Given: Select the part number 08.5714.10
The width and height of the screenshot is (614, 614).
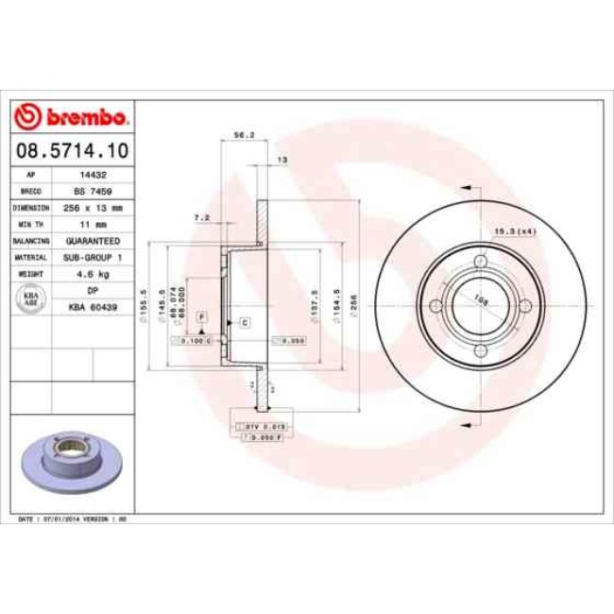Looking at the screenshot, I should [73, 149].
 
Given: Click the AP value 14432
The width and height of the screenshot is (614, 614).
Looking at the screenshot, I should [92, 176].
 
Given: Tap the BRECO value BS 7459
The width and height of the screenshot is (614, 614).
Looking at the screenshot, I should [92, 191].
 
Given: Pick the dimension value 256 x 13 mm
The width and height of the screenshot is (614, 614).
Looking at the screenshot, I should [92, 207].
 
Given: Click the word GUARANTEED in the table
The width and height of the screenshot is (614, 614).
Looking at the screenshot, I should [92, 240].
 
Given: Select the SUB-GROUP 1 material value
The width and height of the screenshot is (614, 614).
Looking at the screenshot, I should [92, 256].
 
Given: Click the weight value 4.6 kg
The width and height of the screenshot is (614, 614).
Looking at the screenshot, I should [92, 273].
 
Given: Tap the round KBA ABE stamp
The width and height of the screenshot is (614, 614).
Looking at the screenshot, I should [31, 298].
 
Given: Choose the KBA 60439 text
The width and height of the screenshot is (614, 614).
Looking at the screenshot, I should [92, 307].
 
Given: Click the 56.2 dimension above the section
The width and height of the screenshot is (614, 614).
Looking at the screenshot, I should [242, 135].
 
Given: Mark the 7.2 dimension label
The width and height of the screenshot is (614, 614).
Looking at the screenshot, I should [201, 217].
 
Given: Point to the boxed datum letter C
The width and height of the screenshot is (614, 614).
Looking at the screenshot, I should [244, 323].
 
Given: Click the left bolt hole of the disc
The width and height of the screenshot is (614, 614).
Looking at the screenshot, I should [435, 305].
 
